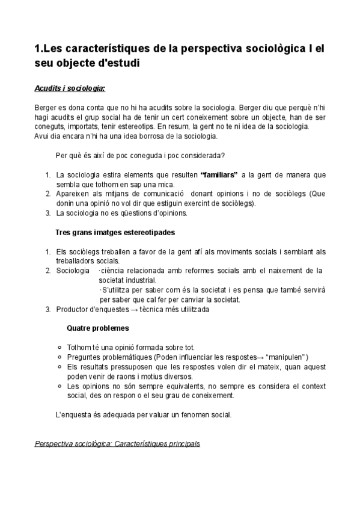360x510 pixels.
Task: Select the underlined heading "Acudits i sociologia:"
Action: click(70, 88)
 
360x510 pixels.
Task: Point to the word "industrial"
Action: click(139, 280)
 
